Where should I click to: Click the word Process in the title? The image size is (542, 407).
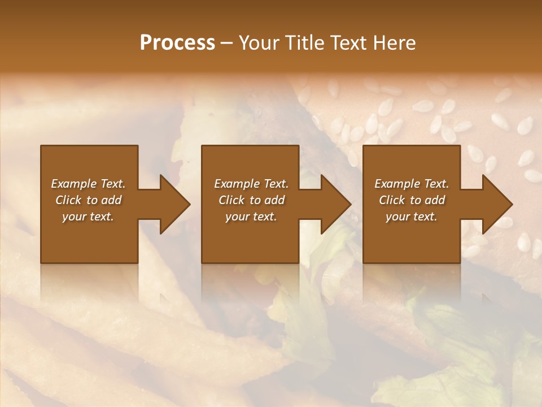(x=177, y=43)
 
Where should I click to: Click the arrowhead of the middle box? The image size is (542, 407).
(x=335, y=204)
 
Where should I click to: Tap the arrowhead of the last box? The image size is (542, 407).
(x=497, y=204)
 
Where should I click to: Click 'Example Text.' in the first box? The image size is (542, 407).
(x=88, y=184)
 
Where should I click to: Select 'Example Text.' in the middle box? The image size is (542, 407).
(x=251, y=184)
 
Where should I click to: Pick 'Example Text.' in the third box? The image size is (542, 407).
(x=412, y=184)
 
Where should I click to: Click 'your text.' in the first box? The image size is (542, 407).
(x=88, y=217)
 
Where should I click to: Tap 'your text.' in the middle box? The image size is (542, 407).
(x=251, y=217)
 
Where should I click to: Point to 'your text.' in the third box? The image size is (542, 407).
(x=412, y=217)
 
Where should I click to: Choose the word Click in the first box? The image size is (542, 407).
(x=68, y=200)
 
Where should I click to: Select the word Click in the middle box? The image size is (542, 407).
(x=231, y=200)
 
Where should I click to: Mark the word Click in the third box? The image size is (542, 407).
(x=392, y=200)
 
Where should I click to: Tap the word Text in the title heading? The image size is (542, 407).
(x=347, y=43)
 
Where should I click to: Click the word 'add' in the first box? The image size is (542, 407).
(x=111, y=200)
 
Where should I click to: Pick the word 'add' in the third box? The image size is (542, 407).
(x=435, y=200)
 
